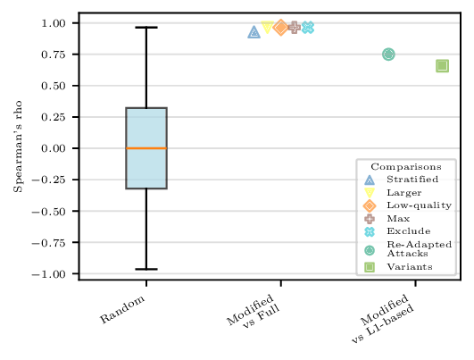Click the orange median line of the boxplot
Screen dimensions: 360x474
click(x=146, y=148)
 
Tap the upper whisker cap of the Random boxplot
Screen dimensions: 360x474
click(x=146, y=28)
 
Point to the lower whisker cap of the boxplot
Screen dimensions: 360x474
click(x=146, y=269)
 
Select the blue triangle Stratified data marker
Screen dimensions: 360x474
click(x=254, y=32)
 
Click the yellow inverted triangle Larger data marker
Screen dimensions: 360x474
click(x=267, y=28)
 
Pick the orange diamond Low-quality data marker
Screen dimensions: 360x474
click(x=280, y=28)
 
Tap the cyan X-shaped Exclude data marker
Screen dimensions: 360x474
click(x=308, y=28)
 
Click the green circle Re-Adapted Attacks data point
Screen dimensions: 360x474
click(x=388, y=54)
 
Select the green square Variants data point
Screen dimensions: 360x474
click(x=442, y=66)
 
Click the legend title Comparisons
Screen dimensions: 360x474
click(x=406, y=166)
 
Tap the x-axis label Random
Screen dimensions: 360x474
click(x=121, y=307)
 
